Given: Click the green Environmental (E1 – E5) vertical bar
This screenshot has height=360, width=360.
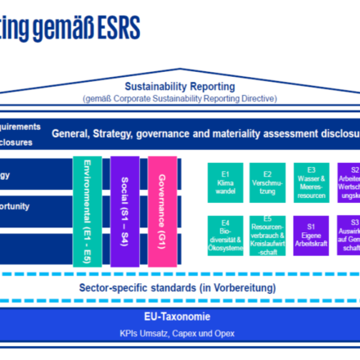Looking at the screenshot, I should (88, 209).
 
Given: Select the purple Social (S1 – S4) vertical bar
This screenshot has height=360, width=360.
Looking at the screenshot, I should (125, 209).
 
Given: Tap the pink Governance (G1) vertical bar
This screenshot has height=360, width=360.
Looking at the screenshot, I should (162, 209).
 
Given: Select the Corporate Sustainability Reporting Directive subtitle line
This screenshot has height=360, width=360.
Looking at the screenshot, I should (179, 98).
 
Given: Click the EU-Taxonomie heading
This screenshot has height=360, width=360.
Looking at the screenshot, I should (180, 317).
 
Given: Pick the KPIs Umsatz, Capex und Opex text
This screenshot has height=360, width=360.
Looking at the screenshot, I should (180, 335).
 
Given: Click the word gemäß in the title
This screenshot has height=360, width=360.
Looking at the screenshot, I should (74, 25).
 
